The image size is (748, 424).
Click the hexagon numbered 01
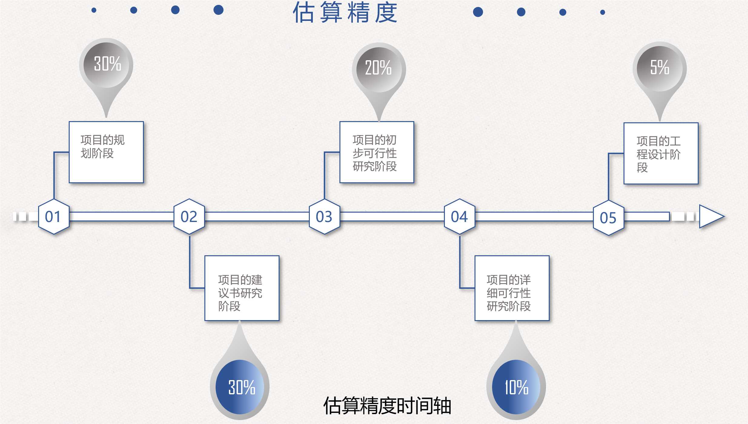click(54, 217)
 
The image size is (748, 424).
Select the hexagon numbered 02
click(189, 217)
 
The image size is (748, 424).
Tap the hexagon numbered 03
click(324, 217)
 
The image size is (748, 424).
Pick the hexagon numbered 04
click(459, 217)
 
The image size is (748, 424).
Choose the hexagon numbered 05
click(608, 218)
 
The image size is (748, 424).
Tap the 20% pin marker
click(379, 69)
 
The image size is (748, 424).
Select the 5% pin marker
click(660, 68)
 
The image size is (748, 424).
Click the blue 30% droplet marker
click(240, 386)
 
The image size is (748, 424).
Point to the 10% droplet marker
click(516, 386)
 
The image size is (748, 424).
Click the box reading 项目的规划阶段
click(106, 152)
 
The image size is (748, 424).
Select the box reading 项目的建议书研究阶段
click(242, 288)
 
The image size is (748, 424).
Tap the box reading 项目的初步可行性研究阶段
click(377, 152)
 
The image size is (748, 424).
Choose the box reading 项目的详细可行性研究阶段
click(512, 288)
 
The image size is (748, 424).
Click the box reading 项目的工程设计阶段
click(661, 153)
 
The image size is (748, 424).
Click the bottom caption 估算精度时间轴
click(387, 406)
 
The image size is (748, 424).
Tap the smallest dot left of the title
click(94, 10)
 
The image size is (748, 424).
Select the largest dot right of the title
click(478, 12)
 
